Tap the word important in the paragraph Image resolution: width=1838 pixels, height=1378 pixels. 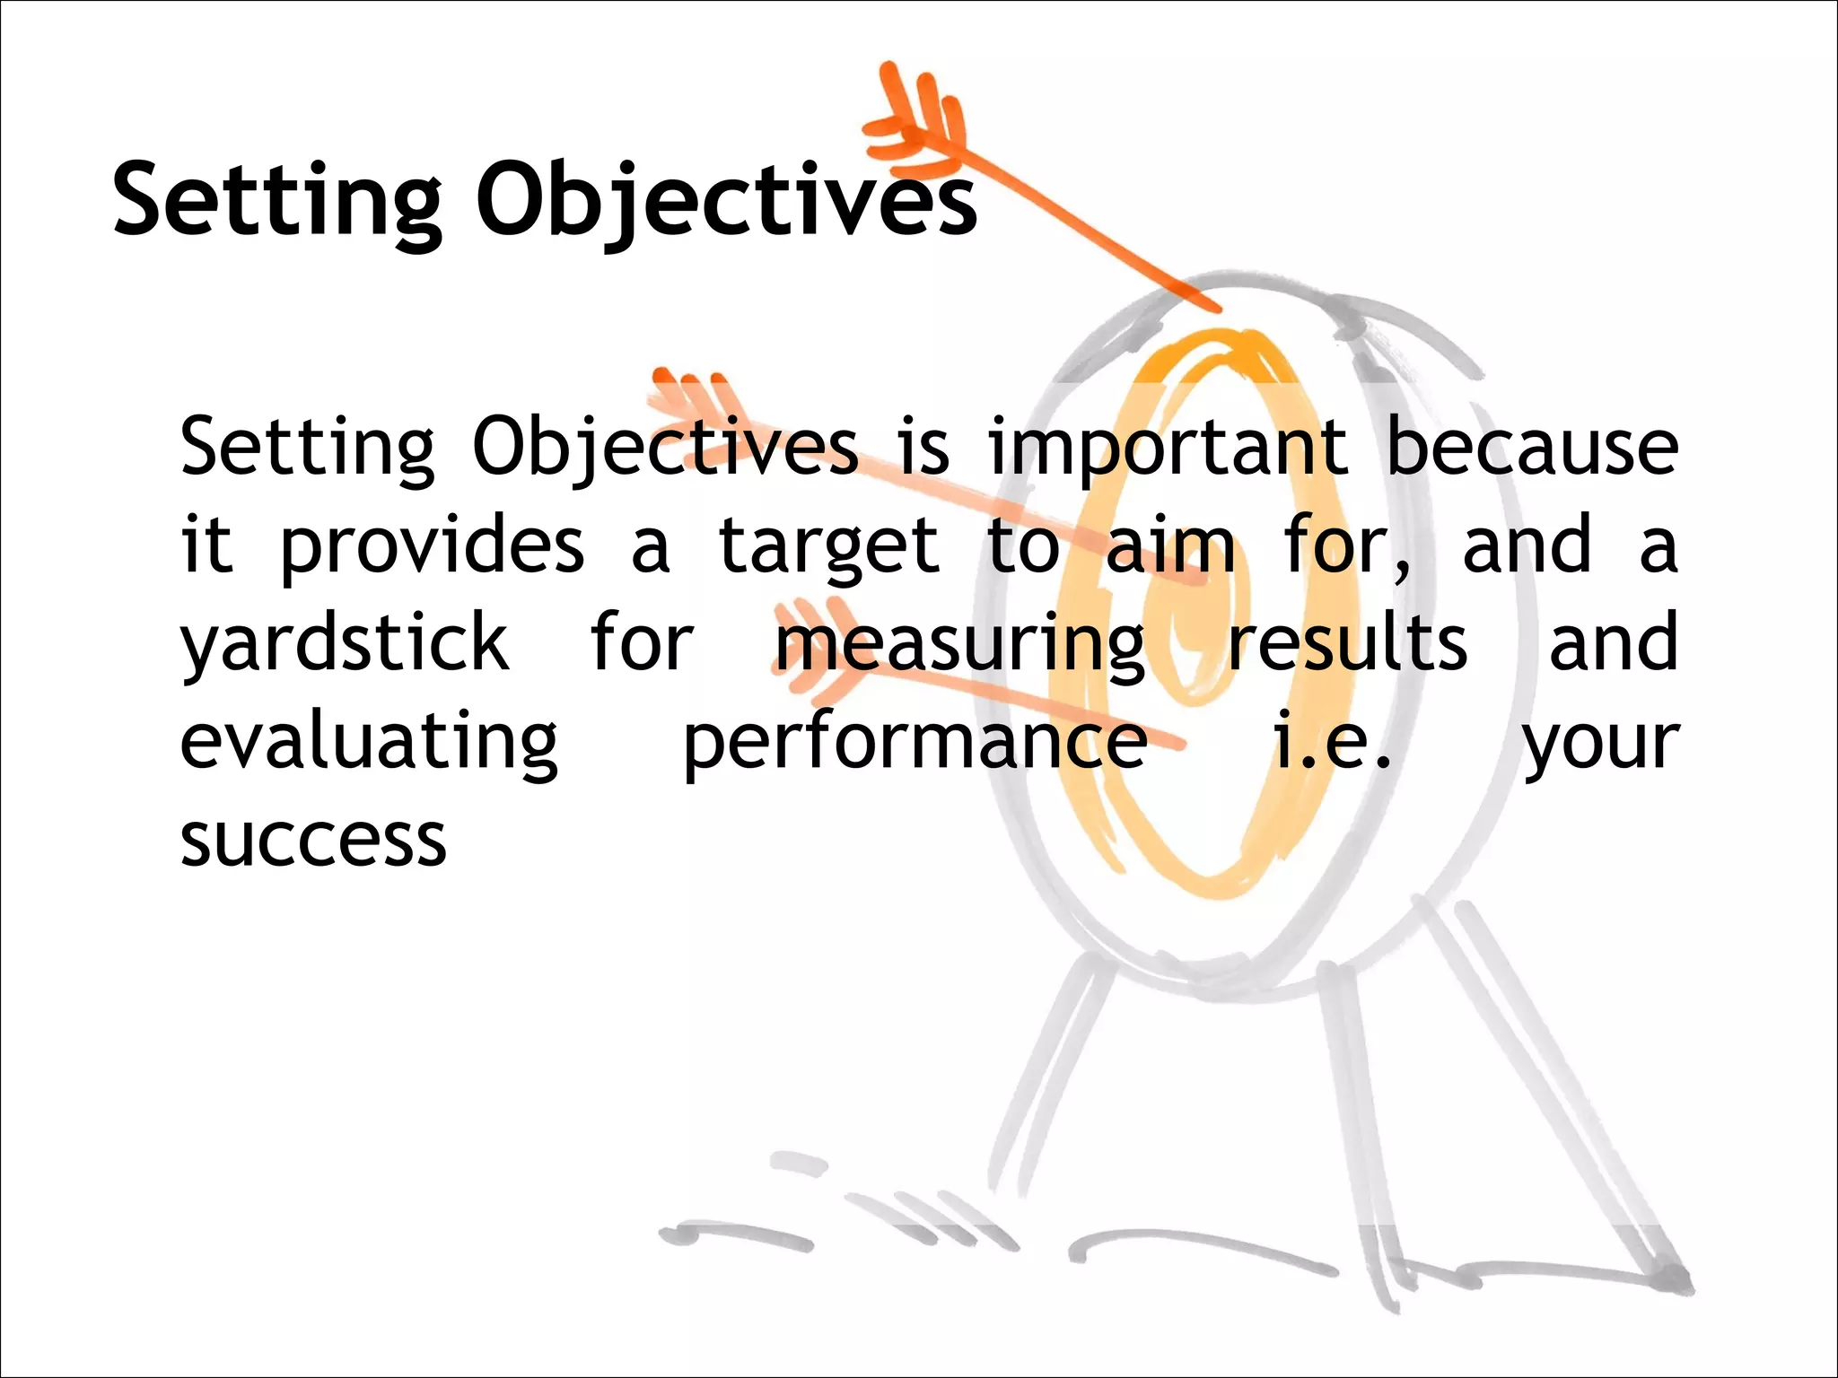(1167, 449)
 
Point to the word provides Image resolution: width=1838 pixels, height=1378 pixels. (433, 547)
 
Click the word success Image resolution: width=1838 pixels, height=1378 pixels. (312, 842)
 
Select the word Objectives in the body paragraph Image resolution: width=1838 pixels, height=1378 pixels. (664, 449)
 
